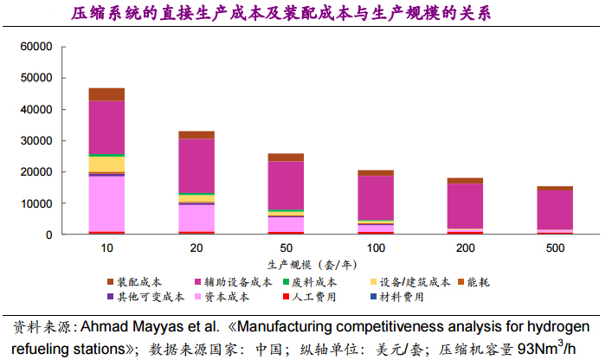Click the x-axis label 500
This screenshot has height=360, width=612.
tap(555, 248)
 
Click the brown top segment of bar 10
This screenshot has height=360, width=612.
tap(106, 94)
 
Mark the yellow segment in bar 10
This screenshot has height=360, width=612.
tap(106, 164)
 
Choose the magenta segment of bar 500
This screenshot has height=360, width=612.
tap(555, 209)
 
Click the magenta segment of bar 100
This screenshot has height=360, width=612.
tap(376, 198)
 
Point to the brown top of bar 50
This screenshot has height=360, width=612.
tap(286, 157)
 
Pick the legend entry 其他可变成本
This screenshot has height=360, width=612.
tap(145, 298)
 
